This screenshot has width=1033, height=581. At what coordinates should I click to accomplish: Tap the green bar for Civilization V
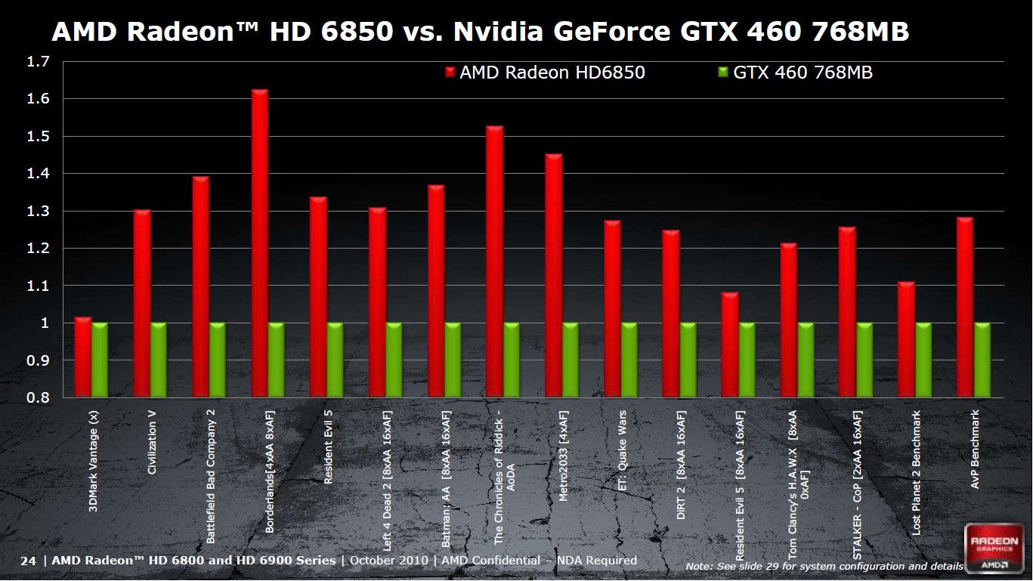pyautogui.click(x=159, y=360)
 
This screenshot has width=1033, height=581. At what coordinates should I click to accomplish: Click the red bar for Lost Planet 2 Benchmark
pyautogui.click(x=906, y=340)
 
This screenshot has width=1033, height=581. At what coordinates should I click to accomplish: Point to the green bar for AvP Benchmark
pyautogui.click(x=982, y=360)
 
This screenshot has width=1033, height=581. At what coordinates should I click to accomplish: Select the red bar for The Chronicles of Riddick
pyautogui.click(x=494, y=261)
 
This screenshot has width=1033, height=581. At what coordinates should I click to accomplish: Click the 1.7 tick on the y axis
pyautogui.click(x=38, y=61)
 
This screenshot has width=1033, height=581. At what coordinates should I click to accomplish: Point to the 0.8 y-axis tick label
pyautogui.click(x=38, y=397)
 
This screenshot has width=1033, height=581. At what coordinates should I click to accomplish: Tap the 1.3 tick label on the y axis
pyautogui.click(x=38, y=211)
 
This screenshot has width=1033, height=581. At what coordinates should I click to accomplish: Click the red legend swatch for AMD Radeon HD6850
pyautogui.click(x=450, y=73)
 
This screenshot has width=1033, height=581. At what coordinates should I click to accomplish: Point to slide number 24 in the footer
pyautogui.click(x=28, y=561)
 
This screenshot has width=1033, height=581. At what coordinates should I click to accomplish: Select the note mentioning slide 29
pyautogui.click(x=824, y=566)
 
